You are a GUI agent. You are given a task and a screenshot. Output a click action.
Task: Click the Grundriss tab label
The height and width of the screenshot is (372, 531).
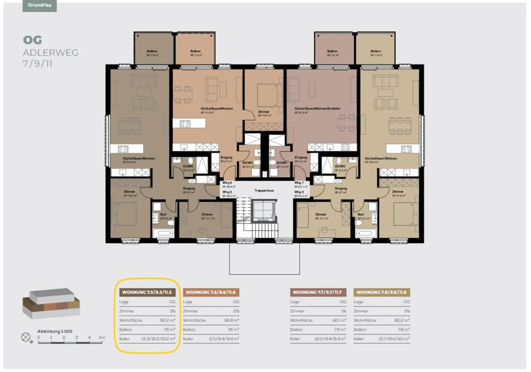(x=39, y=5)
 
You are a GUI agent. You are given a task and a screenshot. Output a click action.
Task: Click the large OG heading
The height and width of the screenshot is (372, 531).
(x=32, y=40)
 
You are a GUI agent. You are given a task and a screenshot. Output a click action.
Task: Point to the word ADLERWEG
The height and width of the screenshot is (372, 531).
(x=51, y=52)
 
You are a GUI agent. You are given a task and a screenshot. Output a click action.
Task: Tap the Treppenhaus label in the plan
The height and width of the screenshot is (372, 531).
(x=264, y=191)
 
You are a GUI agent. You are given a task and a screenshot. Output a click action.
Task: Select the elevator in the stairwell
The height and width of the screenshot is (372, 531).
(x=264, y=211)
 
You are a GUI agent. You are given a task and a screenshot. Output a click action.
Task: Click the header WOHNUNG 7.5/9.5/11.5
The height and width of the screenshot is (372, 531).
(x=147, y=292)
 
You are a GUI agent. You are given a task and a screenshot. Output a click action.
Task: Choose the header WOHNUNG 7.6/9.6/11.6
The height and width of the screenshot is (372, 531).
(x=211, y=292)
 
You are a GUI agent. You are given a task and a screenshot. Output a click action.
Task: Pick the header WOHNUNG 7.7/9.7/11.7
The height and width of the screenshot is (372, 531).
(x=317, y=292)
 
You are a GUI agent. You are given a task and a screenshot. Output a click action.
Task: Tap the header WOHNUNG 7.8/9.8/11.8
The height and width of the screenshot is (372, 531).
(x=381, y=292)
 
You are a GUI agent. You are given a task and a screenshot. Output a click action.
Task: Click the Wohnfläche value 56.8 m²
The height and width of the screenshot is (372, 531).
(x=231, y=320)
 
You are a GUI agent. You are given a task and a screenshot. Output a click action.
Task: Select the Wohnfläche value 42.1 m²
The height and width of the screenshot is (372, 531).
(x=339, y=320)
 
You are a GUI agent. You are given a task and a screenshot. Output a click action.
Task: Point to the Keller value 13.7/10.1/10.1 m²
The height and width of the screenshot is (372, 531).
(x=394, y=339)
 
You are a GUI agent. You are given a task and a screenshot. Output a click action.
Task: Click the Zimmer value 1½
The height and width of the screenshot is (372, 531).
(x=343, y=311)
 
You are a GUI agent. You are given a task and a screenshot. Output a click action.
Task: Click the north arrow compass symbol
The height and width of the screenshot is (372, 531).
(x=26, y=337)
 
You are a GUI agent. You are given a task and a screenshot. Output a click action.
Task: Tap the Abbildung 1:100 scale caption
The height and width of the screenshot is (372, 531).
(x=55, y=331)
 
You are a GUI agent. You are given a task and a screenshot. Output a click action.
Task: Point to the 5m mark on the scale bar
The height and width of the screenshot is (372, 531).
(x=102, y=338)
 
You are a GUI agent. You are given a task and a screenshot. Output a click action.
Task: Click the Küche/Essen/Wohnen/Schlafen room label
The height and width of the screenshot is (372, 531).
(x=317, y=109)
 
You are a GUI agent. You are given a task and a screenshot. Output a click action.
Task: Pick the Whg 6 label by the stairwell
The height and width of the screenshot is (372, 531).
(x=227, y=183)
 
